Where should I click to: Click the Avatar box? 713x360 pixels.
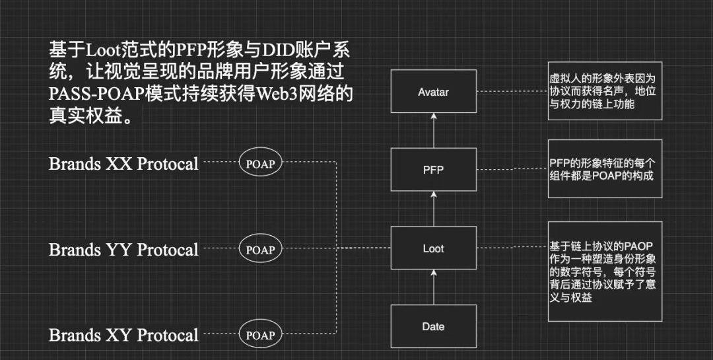pyautogui.click(x=433, y=92)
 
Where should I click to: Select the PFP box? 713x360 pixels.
pyautogui.click(x=433, y=170)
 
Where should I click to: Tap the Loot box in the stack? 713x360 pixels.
pyautogui.click(x=433, y=249)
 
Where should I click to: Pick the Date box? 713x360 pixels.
pyautogui.click(x=433, y=327)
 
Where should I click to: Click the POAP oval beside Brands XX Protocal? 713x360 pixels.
pyautogui.click(x=260, y=164)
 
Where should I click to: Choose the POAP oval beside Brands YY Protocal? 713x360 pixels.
pyautogui.click(x=260, y=250)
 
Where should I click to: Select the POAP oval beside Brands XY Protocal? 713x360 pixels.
pyautogui.click(x=260, y=335)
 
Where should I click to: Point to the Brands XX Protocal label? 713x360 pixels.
pyautogui.click(x=123, y=164)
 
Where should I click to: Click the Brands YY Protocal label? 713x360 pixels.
pyautogui.click(x=123, y=250)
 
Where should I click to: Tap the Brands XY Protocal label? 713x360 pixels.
pyautogui.click(x=123, y=335)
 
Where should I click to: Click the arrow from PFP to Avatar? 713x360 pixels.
pyautogui.click(x=434, y=130)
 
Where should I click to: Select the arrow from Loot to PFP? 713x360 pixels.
pyautogui.click(x=434, y=208)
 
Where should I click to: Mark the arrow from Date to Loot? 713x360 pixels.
pyautogui.click(x=434, y=287)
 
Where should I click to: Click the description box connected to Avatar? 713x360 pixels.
pyautogui.click(x=605, y=91)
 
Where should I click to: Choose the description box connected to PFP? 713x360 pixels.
pyautogui.click(x=605, y=170)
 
